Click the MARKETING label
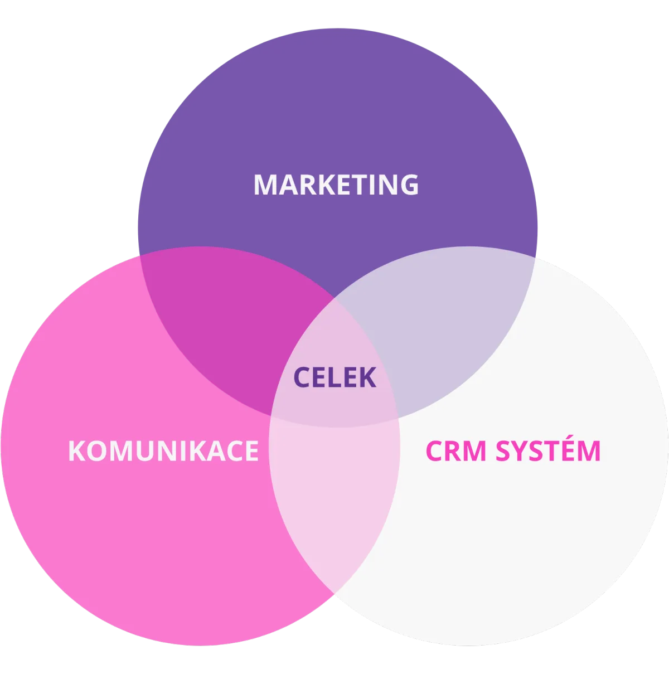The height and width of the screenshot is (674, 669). coord(336,185)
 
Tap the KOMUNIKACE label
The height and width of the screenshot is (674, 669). coord(163,450)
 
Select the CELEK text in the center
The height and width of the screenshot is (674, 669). coord(334,377)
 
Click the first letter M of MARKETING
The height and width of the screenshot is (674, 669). coord(265,185)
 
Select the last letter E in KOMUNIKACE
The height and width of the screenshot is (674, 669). coord(251,450)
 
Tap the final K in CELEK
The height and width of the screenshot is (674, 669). coord(368,377)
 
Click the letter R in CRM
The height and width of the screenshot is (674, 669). coord(454,450)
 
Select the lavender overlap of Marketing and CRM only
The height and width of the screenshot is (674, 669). coord(440,329)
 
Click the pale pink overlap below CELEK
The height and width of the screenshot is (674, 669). coord(334,491)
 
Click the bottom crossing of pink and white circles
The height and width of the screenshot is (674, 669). coord(334,592)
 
